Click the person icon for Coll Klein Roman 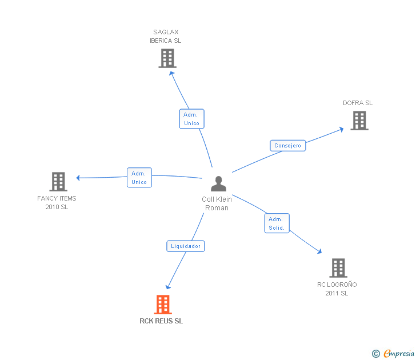coord(218,184)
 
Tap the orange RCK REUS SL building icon coord(163,305)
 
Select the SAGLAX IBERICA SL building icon coord(167,58)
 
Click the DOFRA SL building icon coord(359,121)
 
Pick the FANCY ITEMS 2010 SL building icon coord(58,182)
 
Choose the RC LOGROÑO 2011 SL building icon coord(338,268)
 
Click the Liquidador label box coord(186,246)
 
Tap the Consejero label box coord(287,146)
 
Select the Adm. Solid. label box coord(277,223)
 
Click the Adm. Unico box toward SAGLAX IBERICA coord(191,119)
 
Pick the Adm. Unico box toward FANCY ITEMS coord(139,178)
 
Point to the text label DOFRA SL coord(358,103)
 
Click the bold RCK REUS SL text coord(161,321)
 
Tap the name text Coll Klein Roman coord(217,203)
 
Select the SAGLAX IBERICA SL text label coord(166,37)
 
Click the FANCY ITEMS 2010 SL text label coord(57,203)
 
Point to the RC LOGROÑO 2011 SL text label coord(337,289)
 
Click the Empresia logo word coord(399,353)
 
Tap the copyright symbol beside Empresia coord(375,354)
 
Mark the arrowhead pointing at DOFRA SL coord(341,129)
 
